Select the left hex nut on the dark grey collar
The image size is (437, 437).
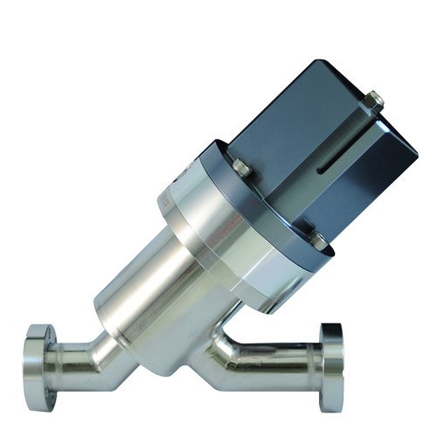click(x=241, y=166)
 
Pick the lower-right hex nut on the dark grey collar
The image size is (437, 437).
click(x=318, y=237)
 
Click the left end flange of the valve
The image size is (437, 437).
click(x=37, y=357)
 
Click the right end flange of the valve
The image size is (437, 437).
click(x=332, y=367)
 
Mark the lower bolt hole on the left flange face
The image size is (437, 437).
click(x=36, y=378)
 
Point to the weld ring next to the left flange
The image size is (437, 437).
click(x=54, y=357)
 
